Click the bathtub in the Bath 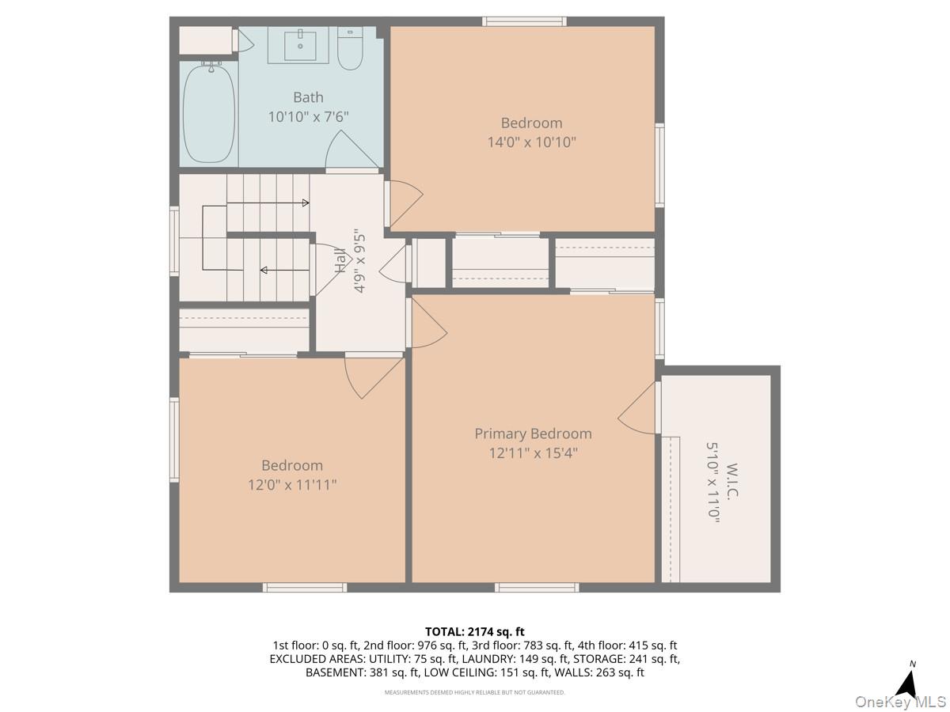[209, 112]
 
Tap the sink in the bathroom [301, 45]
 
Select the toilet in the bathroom [349, 50]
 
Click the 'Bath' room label [308, 97]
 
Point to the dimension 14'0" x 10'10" [531, 142]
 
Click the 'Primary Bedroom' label [533, 434]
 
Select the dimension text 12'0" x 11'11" [292, 484]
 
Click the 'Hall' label [340, 260]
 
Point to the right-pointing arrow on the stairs [304, 203]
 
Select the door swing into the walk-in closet [638, 408]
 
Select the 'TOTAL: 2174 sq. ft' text [475, 631]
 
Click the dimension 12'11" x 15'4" [533, 453]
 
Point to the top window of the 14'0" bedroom [524, 21]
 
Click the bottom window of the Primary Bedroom [537, 587]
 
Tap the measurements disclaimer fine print [475, 692]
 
